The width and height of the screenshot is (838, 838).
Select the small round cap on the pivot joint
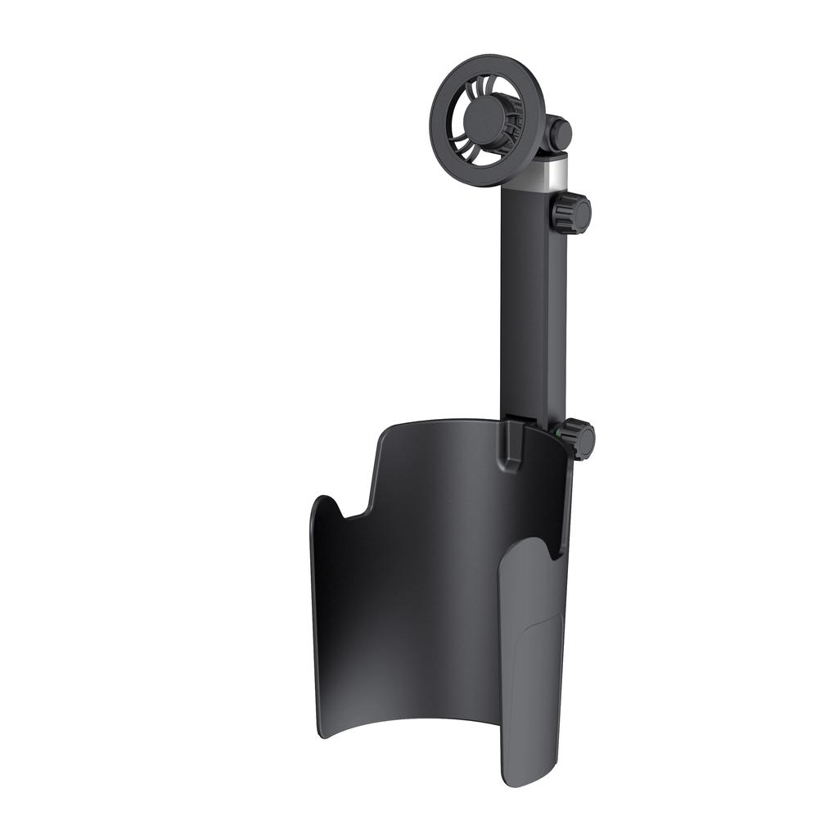pos(561,131)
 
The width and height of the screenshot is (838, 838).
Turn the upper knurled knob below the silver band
pos(570,213)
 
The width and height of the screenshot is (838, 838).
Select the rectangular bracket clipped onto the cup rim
pos(512,447)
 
